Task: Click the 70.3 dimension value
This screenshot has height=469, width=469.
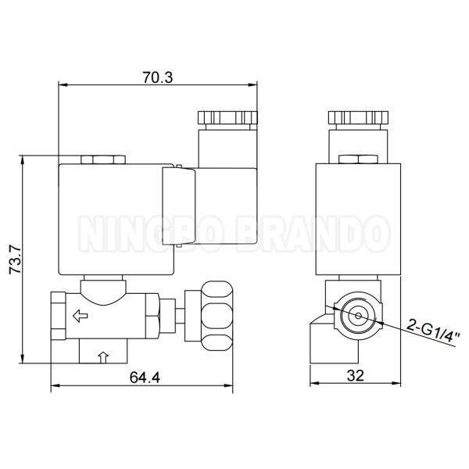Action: click(x=157, y=76)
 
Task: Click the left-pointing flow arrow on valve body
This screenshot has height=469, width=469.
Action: click(x=79, y=317)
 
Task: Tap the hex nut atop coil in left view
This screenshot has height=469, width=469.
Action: click(x=102, y=159)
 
